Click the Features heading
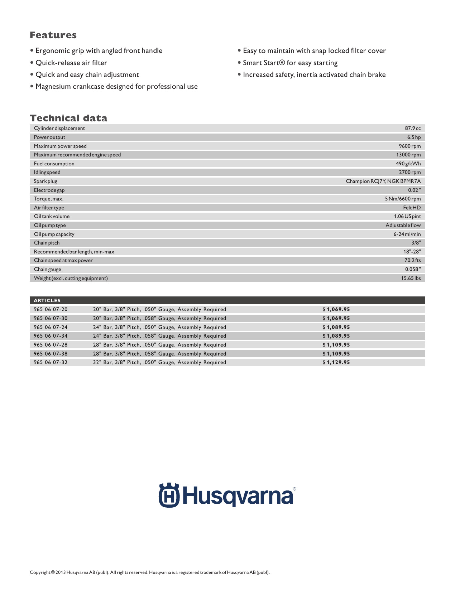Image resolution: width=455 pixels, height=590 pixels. click(53, 35)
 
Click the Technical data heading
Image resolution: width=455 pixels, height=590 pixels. click(68, 118)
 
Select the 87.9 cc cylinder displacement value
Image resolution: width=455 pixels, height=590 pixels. click(413, 128)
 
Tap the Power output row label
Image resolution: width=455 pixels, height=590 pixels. click(49, 137)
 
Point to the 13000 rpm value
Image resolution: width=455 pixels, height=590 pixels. click(408, 155)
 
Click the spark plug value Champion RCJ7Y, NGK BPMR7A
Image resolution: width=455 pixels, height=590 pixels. click(383, 181)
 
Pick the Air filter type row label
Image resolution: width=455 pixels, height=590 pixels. click(49, 208)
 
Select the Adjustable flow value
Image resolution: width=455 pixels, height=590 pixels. click(403, 225)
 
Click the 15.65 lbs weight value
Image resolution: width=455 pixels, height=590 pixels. click(411, 278)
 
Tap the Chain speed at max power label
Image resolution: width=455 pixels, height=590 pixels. click(63, 260)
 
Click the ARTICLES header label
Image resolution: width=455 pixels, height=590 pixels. click(47, 300)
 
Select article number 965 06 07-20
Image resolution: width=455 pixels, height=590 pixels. click(51, 309)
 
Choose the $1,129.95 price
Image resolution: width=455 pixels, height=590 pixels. click(336, 362)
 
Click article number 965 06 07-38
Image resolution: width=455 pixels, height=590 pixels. click(51, 354)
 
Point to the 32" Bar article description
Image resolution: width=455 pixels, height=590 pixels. click(159, 362)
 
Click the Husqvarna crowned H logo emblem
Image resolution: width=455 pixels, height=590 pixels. click(169, 495)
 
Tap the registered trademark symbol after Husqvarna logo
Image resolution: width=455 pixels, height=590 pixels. click(294, 489)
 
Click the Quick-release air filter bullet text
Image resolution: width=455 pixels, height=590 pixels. click(71, 63)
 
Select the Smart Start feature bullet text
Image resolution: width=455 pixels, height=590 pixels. click(290, 63)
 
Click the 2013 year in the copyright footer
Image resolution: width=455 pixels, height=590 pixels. click(61, 572)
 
